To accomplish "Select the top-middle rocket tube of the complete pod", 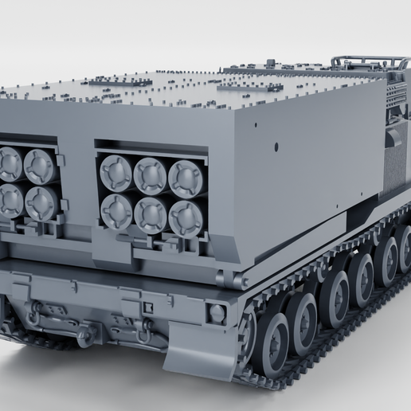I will (x=150, y=174).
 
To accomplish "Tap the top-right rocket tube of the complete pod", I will (x=185, y=178).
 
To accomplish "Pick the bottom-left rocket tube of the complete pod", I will (x=116, y=210).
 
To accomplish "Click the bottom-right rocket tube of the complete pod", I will (x=186, y=217).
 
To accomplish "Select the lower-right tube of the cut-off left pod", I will (x=41, y=203).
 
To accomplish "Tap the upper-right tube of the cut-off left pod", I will (x=38, y=166).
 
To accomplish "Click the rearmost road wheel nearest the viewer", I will (x=271, y=343).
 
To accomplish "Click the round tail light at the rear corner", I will (x=217, y=313).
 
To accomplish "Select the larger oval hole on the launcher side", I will (x=276, y=147).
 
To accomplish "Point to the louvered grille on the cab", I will (x=396, y=96).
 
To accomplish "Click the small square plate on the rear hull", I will (x=147, y=307).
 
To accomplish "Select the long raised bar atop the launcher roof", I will (x=119, y=80).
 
